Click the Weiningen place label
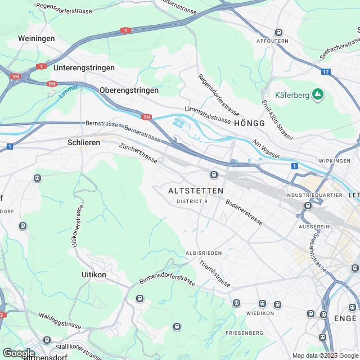(x=37, y=38)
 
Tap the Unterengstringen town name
(x=84, y=67)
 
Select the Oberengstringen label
(x=129, y=90)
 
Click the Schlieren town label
(x=84, y=142)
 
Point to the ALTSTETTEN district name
(x=196, y=191)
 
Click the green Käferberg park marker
(x=318, y=94)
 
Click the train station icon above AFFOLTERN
(x=278, y=33)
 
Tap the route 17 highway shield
(x=326, y=71)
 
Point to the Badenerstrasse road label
(x=244, y=213)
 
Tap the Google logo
(x=19, y=353)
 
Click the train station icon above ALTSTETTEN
(x=214, y=174)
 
